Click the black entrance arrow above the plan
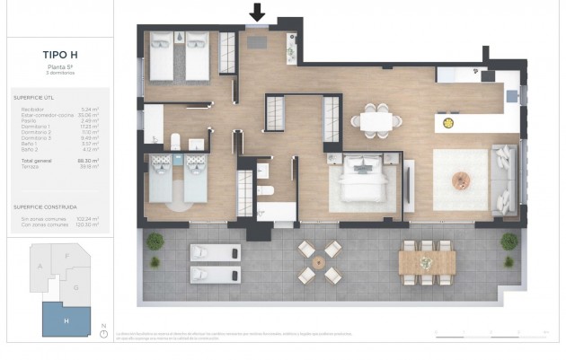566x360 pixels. pyautogui.click(x=258, y=13)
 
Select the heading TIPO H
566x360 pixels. pyautogui.click(x=60, y=54)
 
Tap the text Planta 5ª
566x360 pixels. pyautogui.click(x=59, y=66)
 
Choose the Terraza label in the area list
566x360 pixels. pyautogui.click(x=28, y=166)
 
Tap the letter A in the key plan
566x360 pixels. pyautogui.click(x=40, y=267)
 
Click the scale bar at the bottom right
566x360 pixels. pyautogui.click(x=491, y=333)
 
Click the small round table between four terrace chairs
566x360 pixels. pyautogui.click(x=318, y=262)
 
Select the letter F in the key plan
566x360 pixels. pyautogui.click(x=67, y=256)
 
